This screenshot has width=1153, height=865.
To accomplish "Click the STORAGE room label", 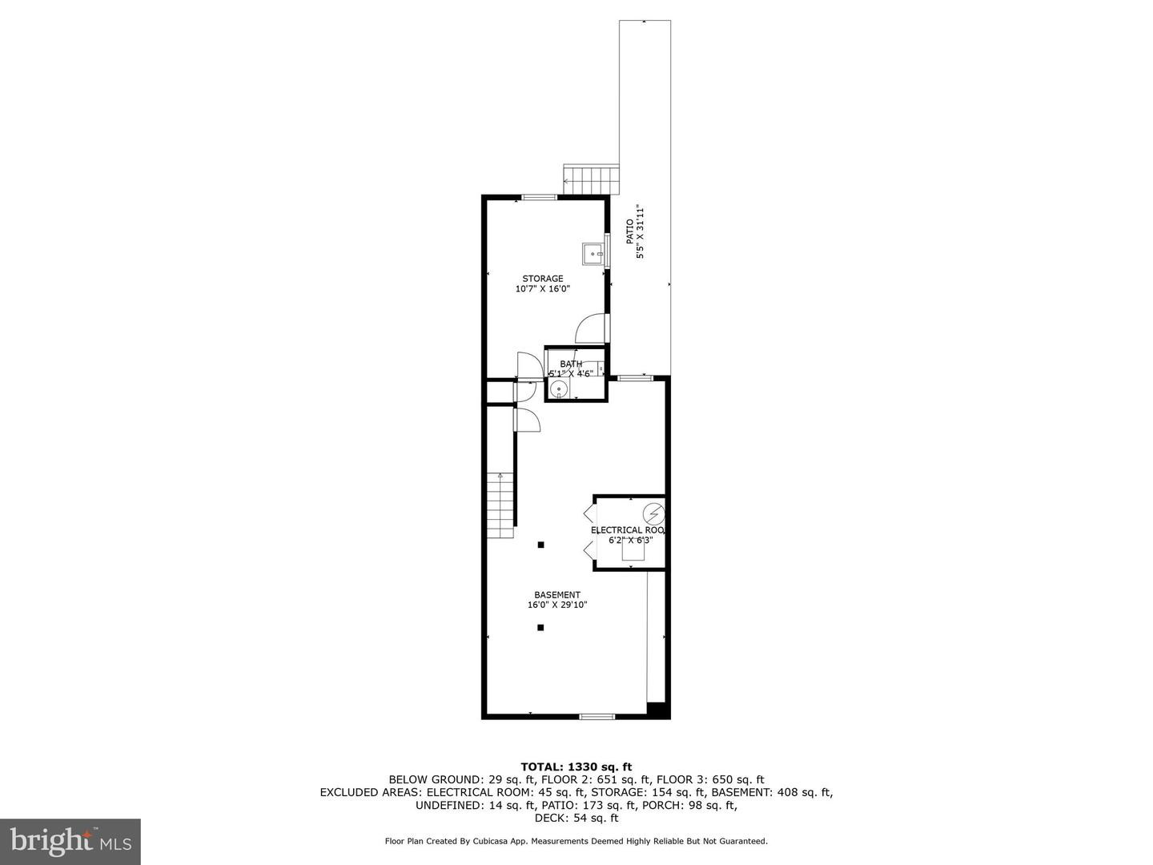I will pos(543,279).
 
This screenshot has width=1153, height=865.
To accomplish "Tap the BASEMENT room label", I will pos(557,595).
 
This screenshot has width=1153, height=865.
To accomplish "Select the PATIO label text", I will pos(630,231).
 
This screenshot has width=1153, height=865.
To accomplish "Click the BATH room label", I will pos(571,364).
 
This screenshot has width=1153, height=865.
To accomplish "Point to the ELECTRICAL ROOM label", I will pos(628,530).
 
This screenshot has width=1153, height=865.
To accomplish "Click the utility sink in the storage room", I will pos(594,254).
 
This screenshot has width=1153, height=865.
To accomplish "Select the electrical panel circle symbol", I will pos(654,513).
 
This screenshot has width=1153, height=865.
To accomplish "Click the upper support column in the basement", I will pos(541,545).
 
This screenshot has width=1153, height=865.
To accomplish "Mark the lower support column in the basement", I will pos(541,627).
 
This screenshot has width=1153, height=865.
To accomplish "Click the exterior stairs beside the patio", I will pos(592,179).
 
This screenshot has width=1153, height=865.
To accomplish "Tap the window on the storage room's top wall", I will pos(540,197).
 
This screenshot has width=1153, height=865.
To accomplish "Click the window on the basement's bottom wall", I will pos(597,716).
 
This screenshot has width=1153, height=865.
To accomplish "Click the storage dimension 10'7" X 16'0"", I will pos(543,289).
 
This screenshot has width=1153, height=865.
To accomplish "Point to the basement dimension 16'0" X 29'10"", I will pos(557,605).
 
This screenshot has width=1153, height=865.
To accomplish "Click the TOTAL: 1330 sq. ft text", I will pos(576,766).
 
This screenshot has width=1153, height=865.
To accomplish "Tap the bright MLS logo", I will pos(70,842).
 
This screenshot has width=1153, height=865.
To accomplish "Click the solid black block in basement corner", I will pos(657,710).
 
